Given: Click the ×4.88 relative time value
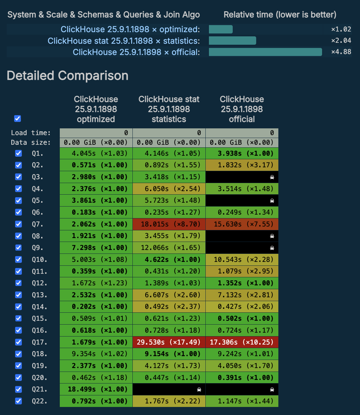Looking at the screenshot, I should (x=341, y=52).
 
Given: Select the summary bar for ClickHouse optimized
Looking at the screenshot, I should (x=221, y=29).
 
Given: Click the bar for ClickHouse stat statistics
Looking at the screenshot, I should (x=232, y=41).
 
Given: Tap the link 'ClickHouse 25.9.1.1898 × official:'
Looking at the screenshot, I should (x=136, y=52).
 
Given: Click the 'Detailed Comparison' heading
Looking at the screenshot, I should (x=67, y=76).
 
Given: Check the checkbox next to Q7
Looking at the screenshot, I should (x=19, y=224).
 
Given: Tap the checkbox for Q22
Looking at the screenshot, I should (x=19, y=401).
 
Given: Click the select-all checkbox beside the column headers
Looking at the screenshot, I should (x=18, y=119).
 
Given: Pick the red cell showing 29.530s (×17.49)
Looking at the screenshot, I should (x=169, y=342).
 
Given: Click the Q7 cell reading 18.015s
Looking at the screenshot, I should (x=169, y=224).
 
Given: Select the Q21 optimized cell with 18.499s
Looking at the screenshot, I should (x=96, y=389).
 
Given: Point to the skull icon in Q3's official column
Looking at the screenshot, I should (x=272, y=177).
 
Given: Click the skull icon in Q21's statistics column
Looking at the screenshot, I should (x=199, y=390).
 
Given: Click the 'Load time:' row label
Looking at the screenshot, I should (x=31, y=133).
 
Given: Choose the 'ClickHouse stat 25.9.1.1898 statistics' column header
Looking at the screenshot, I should (x=169, y=109).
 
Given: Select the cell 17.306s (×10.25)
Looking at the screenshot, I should (x=242, y=342).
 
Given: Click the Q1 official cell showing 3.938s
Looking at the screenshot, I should (x=242, y=153).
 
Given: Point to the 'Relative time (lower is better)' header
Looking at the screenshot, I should (x=280, y=15).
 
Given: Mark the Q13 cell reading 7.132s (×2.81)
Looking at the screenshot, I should (x=242, y=295).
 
